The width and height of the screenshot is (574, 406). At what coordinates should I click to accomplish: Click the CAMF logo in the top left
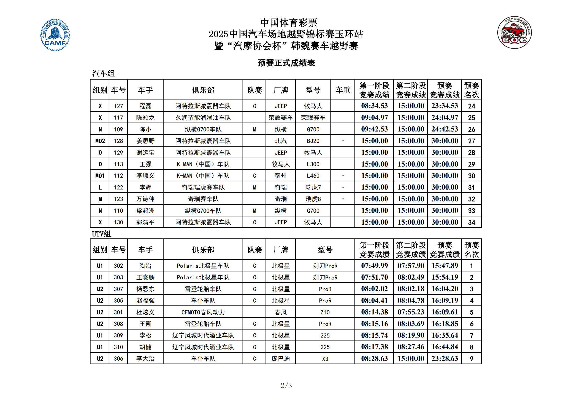(55, 35)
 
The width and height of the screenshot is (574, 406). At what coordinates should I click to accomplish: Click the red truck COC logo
(514, 32)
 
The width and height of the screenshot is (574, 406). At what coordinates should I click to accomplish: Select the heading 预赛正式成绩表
(286, 63)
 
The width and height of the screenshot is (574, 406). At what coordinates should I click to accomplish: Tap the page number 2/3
(286, 385)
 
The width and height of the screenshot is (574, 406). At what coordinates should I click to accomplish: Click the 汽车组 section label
(103, 74)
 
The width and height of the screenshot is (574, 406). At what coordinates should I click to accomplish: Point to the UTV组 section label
(101, 234)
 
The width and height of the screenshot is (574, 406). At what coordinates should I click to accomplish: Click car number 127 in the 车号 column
(118, 106)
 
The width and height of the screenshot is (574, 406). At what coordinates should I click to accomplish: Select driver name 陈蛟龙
(145, 118)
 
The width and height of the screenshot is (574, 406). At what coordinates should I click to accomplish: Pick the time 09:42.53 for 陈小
(374, 129)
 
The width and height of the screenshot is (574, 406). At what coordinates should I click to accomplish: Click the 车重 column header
(343, 90)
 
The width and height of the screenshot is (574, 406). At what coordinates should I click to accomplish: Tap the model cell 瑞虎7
(313, 188)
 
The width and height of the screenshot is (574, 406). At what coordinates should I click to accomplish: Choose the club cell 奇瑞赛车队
(203, 199)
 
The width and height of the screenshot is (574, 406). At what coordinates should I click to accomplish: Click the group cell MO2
(100, 141)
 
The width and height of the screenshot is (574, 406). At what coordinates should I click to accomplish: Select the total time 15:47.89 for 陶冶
(445, 266)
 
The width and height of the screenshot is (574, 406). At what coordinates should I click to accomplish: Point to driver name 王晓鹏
(145, 277)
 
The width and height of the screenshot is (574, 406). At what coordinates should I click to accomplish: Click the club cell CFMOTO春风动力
(203, 312)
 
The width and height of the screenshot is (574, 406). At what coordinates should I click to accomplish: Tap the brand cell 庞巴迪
(281, 359)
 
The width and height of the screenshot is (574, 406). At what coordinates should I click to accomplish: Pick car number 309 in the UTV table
(118, 335)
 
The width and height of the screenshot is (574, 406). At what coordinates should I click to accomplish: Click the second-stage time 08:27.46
(411, 347)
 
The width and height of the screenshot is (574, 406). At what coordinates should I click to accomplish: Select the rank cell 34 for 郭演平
(472, 222)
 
